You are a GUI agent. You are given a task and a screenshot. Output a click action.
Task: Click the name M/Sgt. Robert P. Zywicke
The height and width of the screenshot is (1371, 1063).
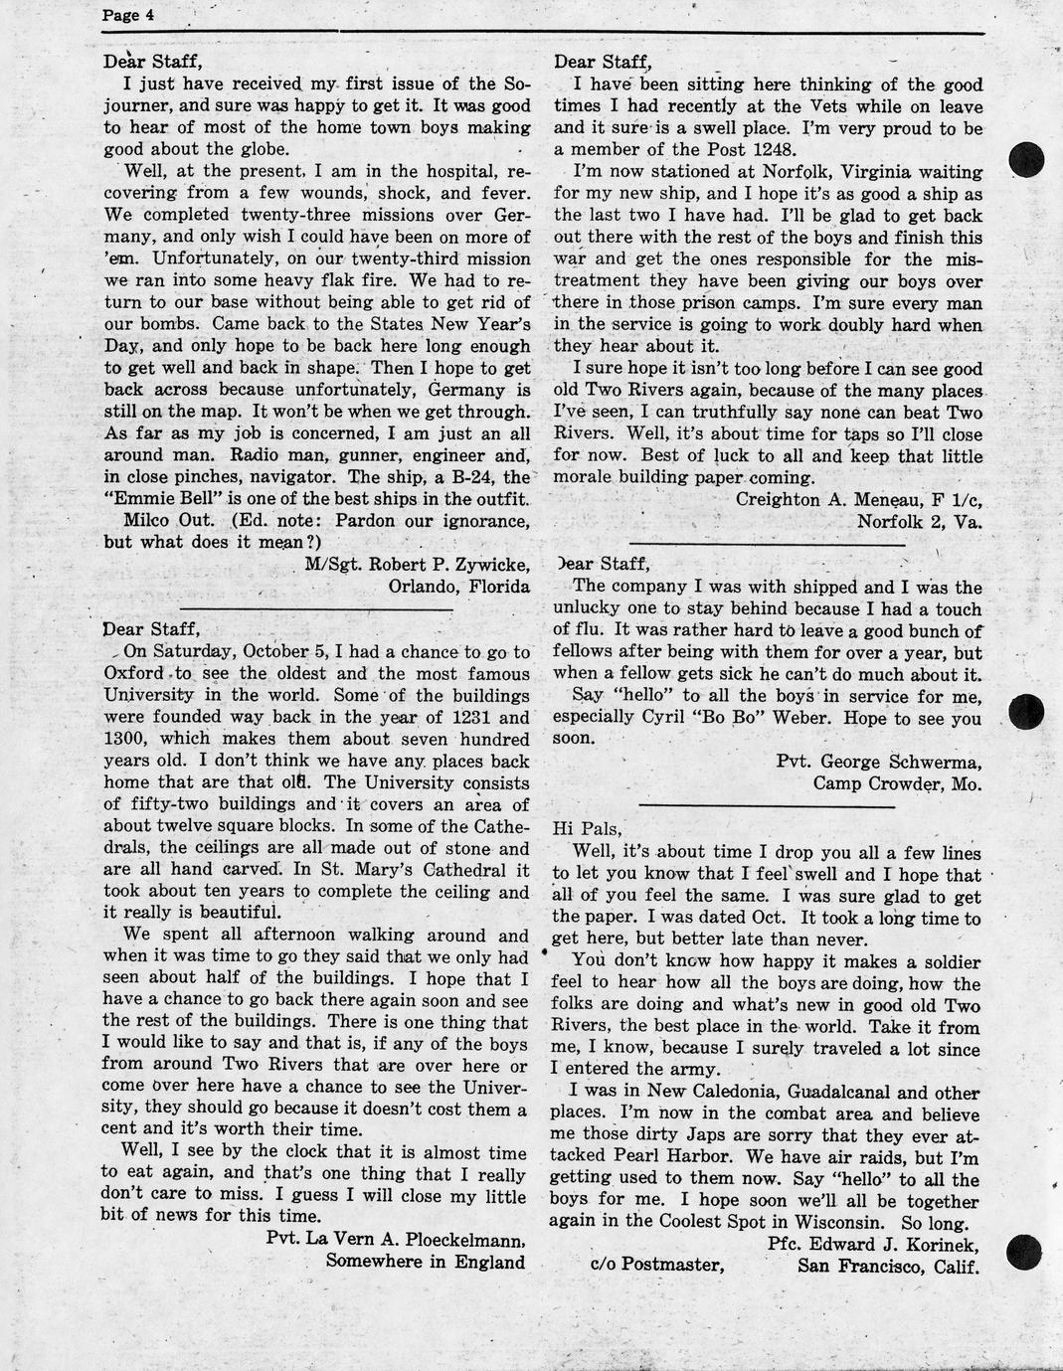(417, 565)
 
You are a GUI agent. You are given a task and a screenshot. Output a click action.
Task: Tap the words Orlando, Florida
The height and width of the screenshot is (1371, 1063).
(458, 587)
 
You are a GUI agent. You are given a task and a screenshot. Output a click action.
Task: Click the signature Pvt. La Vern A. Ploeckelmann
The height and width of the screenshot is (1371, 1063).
(396, 1240)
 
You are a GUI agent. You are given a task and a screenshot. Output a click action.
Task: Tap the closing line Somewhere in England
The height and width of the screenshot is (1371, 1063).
(425, 1262)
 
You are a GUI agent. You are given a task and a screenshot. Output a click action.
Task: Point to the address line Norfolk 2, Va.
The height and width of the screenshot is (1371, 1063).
(919, 521)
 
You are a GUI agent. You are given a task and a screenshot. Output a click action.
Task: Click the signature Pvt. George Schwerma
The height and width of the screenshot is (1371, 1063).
(879, 763)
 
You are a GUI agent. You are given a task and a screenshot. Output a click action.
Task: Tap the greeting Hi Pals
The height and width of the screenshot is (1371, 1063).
(587, 827)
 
